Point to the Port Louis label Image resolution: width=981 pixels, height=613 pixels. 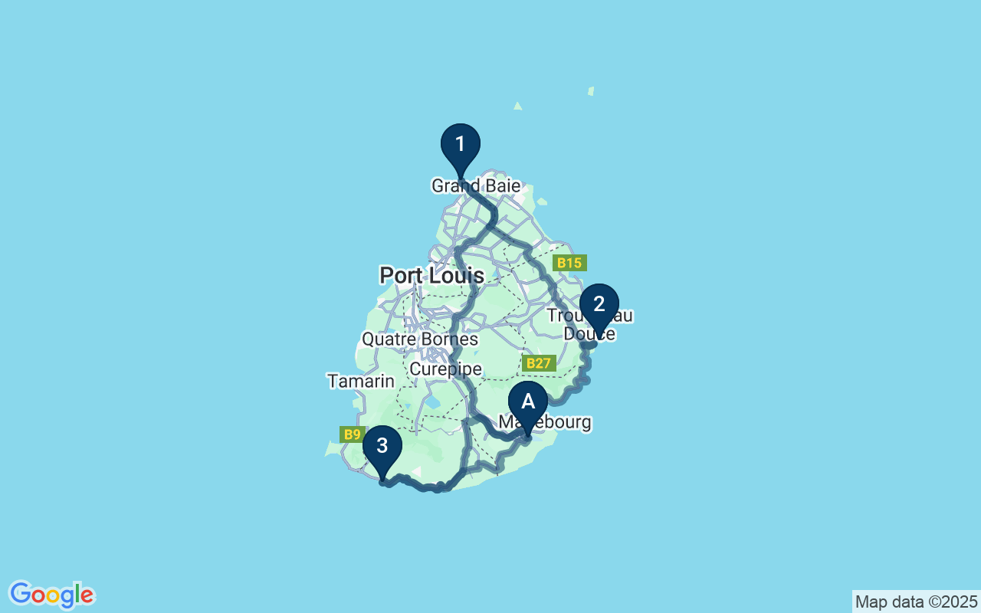tap(431, 276)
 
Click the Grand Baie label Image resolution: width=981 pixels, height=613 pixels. tap(476, 186)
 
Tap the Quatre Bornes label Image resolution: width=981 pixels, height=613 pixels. tap(419, 339)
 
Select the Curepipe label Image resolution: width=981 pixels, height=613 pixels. tap(445, 369)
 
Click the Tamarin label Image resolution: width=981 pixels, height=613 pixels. tap(360, 381)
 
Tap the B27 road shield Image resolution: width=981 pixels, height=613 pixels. tap(539, 363)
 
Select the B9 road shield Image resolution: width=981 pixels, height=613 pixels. tap(352, 434)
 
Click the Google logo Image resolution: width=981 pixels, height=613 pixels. tap(51, 595)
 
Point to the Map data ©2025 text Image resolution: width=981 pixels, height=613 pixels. tap(916, 602)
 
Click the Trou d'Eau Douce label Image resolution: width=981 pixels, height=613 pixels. tap(589, 325)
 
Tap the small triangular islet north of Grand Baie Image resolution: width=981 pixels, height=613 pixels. tap(518, 106)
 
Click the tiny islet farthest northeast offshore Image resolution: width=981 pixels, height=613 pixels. tap(591, 91)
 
